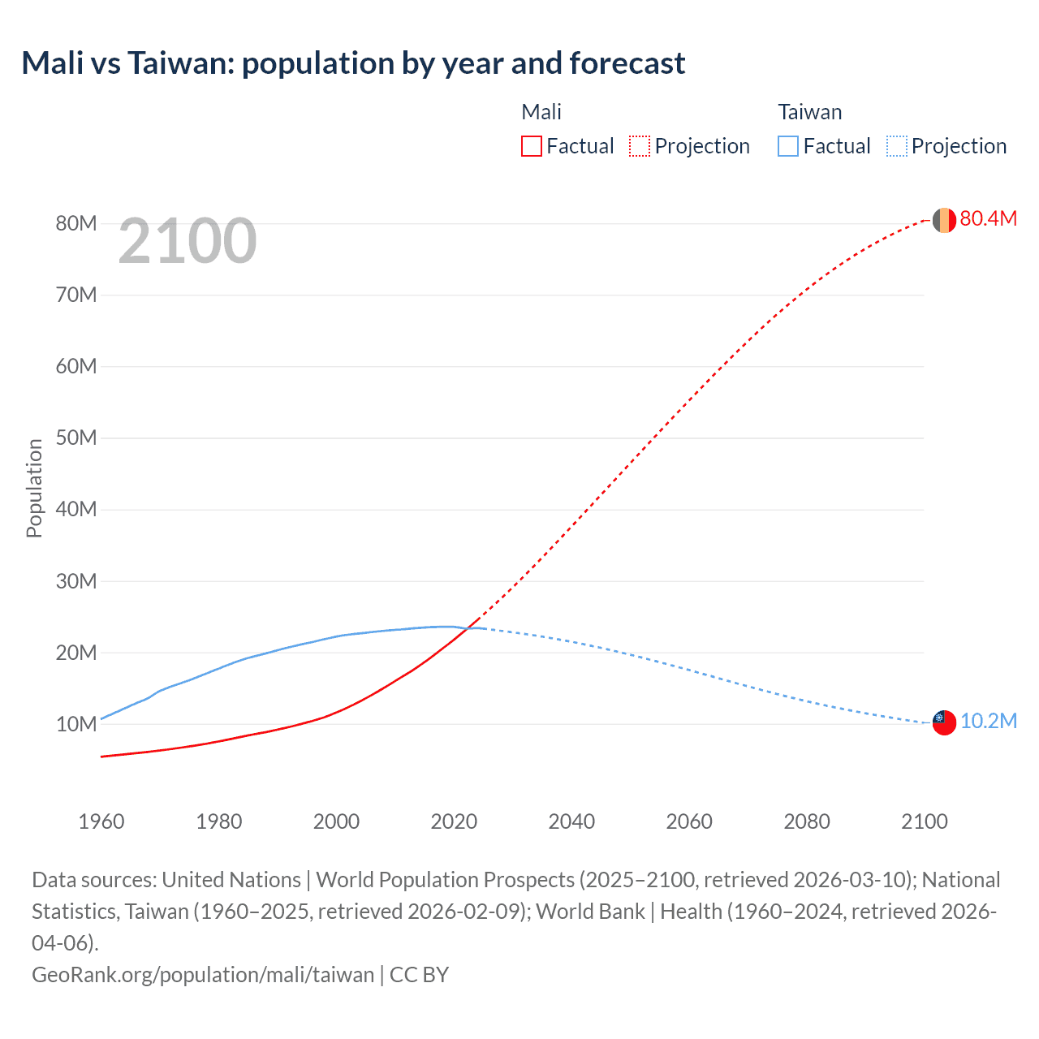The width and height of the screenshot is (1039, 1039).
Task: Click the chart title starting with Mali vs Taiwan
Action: pyautogui.click(x=353, y=63)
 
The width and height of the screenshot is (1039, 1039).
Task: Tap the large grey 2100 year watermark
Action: pyautogui.click(x=188, y=241)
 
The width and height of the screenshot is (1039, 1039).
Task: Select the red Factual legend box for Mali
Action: pyautogui.click(x=532, y=146)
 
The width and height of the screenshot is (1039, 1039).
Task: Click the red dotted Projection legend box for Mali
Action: pyautogui.click(x=640, y=146)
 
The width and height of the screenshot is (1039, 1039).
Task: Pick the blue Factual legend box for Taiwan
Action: pyautogui.click(x=788, y=146)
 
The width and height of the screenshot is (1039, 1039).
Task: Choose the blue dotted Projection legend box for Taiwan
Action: pyautogui.click(x=897, y=146)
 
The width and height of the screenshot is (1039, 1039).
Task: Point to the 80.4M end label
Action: pyautogui.click(x=988, y=218)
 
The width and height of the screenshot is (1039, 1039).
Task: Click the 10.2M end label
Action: pyautogui.click(x=988, y=721)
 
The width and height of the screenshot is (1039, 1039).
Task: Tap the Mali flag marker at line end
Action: pyautogui.click(x=944, y=220)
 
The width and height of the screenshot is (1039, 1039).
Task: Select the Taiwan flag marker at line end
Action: pyautogui.click(x=944, y=722)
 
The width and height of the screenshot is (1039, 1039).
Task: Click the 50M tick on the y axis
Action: pyautogui.click(x=76, y=438)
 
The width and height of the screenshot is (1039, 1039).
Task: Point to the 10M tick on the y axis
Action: pyautogui.click(x=76, y=724)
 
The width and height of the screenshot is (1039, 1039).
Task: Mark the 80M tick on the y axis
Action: pyautogui.click(x=76, y=223)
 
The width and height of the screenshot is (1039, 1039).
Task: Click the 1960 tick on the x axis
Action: pyautogui.click(x=101, y=821)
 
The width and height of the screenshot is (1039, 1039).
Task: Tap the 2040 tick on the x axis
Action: pyautogui.click(x=571, y=821)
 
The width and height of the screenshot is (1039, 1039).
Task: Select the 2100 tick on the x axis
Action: pyautogui.click(x=924, y=821)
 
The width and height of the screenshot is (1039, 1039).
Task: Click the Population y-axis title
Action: pyautogui.click(x=34, y=488)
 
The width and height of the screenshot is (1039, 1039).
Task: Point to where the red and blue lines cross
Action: pyautogui.click(x=470, y=627)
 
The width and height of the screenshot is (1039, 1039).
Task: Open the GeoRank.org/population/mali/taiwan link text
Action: pyautogui.click(x=203, y=974)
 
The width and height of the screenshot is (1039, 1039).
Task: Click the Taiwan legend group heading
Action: pyautogui.click(x=809, y=112)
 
